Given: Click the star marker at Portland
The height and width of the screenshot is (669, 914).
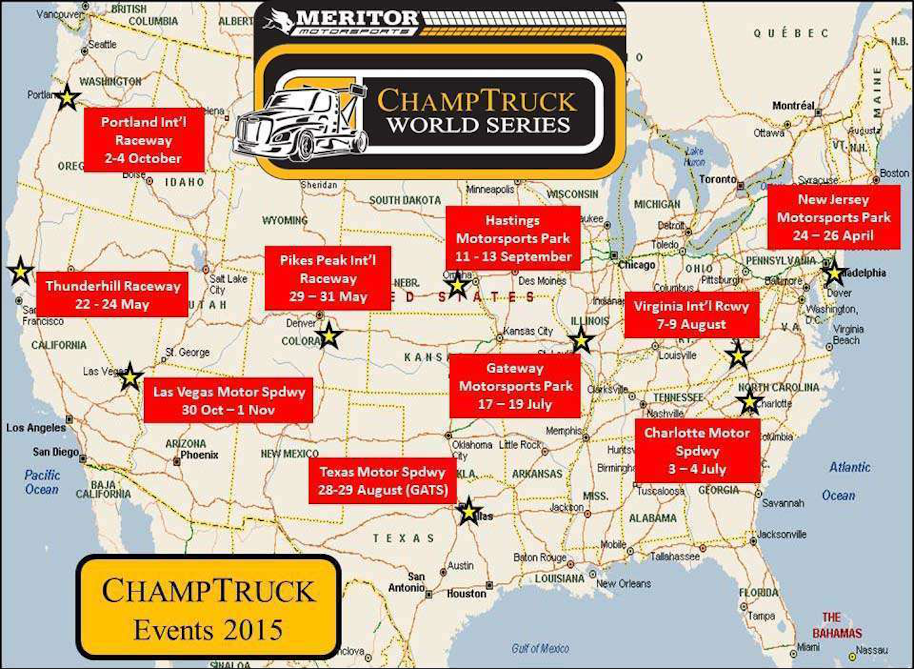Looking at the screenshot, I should (x=67, y=98).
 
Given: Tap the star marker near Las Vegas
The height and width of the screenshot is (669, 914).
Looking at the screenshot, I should (x=130, y=377).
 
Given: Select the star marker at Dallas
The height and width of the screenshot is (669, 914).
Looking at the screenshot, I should (x=468, y=511).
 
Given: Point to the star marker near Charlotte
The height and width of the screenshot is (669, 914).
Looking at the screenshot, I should (x=750, y=402).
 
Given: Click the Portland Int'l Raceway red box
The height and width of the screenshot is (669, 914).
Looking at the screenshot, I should (x=143, y=140).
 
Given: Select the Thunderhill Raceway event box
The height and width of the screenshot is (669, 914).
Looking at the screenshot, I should (x=112, y=295).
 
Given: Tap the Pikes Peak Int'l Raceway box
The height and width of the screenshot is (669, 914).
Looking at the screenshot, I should (x=328, y=278).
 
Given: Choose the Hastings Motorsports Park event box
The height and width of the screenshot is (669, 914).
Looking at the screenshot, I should (x=513, y=238).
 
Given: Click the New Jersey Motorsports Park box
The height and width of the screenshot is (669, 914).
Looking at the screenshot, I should (x=833, y=217).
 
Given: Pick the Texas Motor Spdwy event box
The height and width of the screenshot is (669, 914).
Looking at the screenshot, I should (x=383, y=481).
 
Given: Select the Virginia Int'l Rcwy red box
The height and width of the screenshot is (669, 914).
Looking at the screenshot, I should (x=691, y=315).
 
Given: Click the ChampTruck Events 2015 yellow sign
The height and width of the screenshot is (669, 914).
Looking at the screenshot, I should (x=208, y=608).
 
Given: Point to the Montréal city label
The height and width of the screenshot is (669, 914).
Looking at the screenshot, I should (x=793, y=105).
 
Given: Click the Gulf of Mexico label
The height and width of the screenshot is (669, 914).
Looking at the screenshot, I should (x=540, y=648).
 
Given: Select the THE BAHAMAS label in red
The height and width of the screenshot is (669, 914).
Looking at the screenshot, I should (x=837, y=625).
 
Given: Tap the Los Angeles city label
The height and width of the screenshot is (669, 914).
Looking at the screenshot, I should (x=36, y=428).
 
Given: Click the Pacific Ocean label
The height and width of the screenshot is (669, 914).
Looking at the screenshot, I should (x=42, y=482).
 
